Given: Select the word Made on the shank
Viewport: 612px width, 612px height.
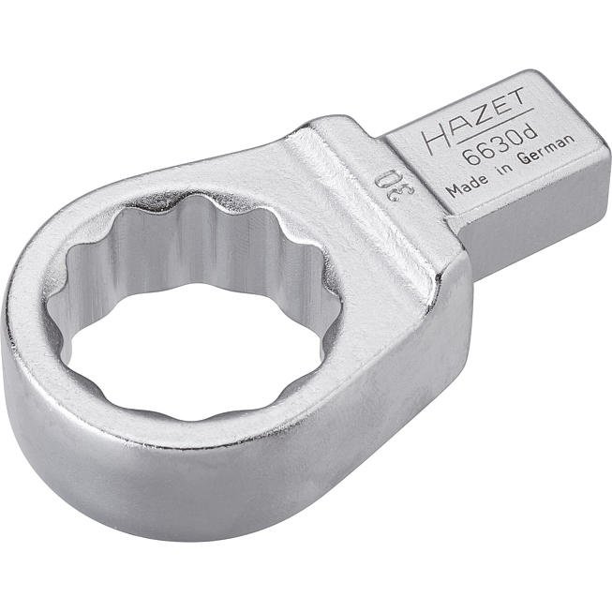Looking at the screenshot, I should coord(466,185).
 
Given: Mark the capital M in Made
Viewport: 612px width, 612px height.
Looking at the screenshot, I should coord(451,190).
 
